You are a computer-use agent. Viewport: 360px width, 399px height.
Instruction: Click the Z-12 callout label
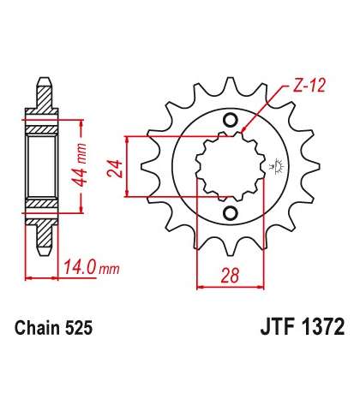point(309,86)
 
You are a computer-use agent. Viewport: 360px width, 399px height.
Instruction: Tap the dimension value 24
point(115,169)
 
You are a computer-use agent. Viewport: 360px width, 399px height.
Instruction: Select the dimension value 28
point(231,275)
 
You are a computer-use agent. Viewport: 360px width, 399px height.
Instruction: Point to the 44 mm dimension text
point(79,164)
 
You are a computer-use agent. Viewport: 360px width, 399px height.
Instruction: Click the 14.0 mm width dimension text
point(91,268)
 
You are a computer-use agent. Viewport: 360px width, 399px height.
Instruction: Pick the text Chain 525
point(54,328)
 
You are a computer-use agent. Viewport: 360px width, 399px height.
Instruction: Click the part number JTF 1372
point(303,327)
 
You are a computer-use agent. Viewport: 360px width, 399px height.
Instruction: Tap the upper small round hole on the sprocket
point(231,120)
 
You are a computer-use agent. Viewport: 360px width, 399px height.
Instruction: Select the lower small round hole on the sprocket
point(231,213)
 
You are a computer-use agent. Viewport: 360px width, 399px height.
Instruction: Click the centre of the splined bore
point(231,166)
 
